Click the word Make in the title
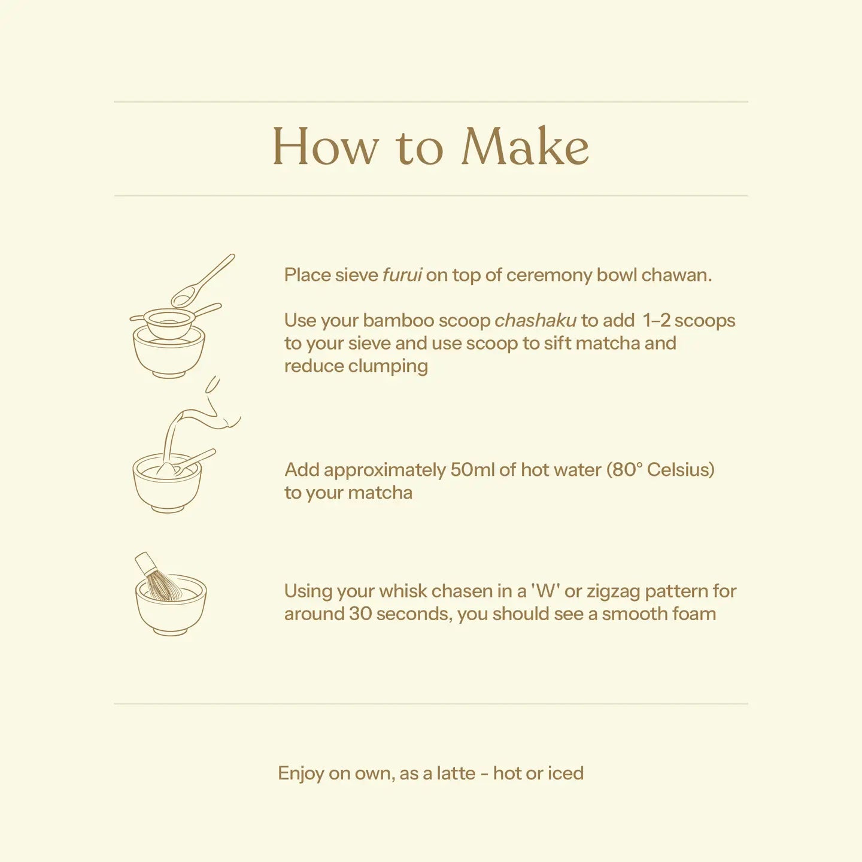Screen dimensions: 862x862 coord(525,146)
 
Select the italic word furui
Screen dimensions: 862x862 coord(402,275)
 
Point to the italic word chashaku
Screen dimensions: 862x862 coord(535,320)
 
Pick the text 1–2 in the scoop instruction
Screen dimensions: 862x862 coord(656,320)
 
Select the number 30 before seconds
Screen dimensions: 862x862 coord(360,614)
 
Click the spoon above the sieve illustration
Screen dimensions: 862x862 coord(201,282)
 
